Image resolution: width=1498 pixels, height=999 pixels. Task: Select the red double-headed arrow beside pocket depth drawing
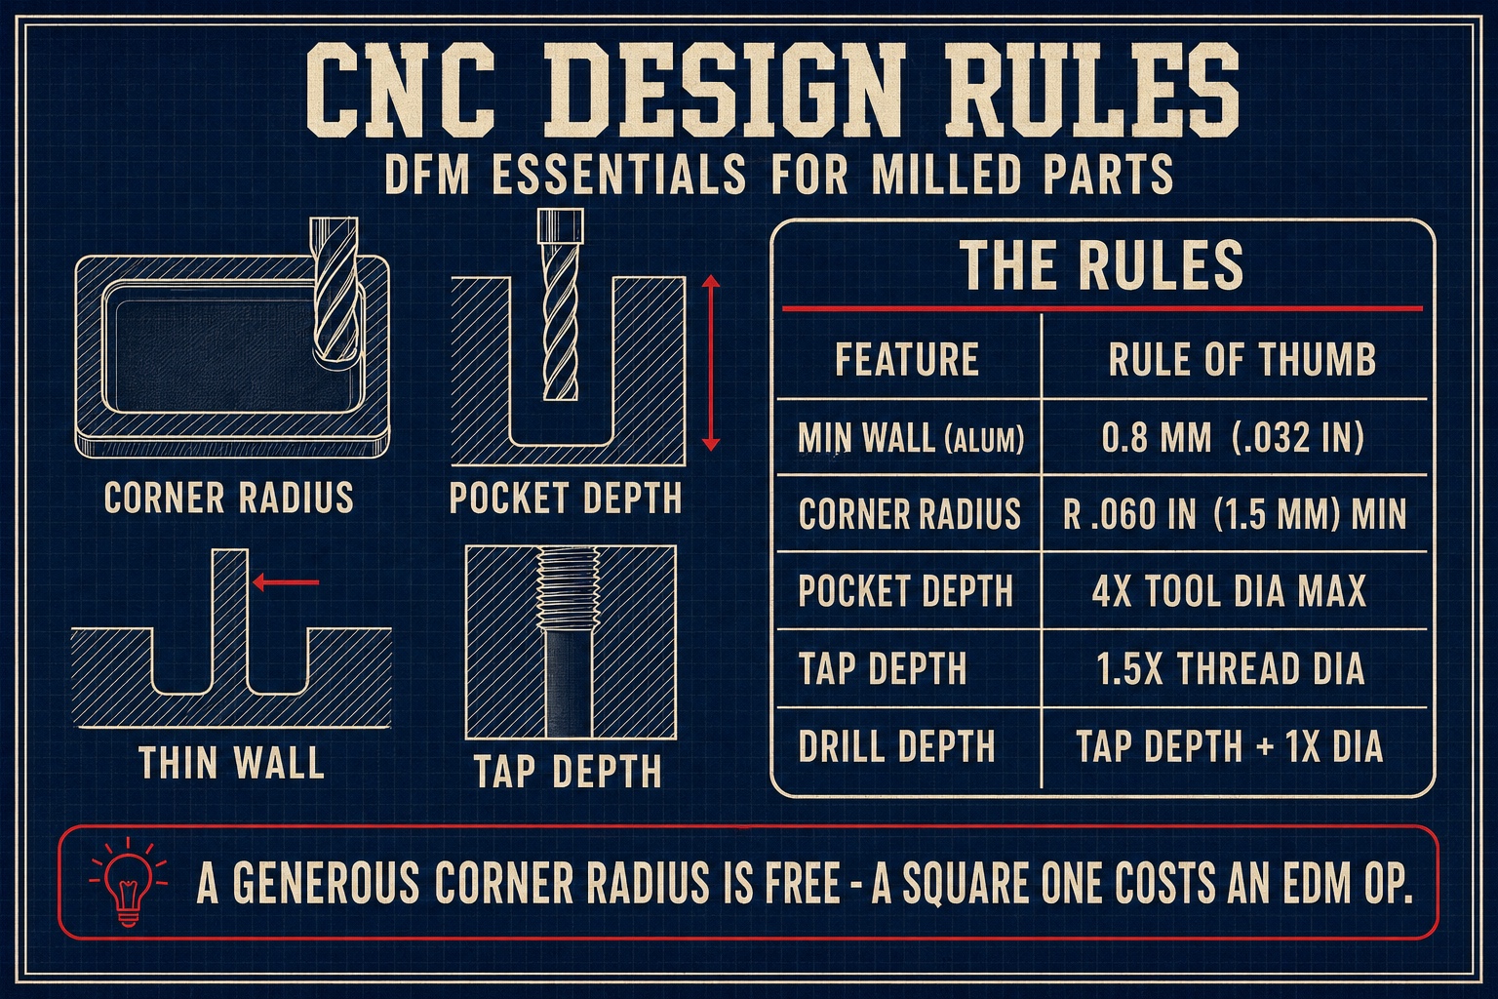click(x=710, y=363)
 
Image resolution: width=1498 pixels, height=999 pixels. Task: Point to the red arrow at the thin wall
click(x=286, y=582)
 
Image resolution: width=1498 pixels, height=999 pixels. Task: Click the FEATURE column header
click(x=907, y=359)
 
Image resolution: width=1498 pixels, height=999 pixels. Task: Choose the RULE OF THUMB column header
click(x=1242, y=359)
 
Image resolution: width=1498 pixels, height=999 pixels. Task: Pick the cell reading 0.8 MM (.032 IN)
click(x=1233, y=438)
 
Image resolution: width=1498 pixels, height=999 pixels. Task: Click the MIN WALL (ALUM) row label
click(x=911, y=438)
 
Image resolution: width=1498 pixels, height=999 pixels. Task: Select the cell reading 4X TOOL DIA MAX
click(x=1229, y=591)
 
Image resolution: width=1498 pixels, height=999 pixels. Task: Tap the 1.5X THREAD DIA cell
click(x=1231, y=668)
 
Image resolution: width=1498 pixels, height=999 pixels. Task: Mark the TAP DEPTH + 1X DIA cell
click(x=1229, y=745)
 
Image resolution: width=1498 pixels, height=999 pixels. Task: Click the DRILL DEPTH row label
click(x=897, y=745)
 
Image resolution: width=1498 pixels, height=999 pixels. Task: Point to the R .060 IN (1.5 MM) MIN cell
click(x=1235, y=514)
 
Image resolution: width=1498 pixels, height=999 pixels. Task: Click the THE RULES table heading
click(x=1102, y=265)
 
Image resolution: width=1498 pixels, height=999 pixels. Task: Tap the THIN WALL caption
click(x=231, y=762)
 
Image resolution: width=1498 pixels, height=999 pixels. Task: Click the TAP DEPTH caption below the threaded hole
click(x=568, y=771)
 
